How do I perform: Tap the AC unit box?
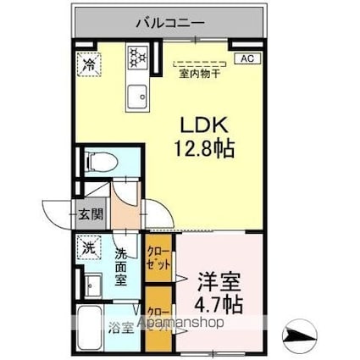[248, 58]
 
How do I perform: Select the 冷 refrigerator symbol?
[87, 63]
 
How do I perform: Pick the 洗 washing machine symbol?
[88, 247]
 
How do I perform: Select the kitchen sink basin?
[136, 97]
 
